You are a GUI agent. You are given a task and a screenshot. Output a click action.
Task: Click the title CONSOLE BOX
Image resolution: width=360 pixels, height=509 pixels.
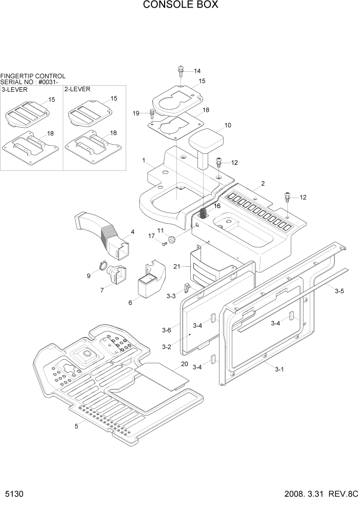coord(180,5)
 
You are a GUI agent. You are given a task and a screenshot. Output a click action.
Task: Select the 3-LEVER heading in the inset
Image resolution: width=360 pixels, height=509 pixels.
coord(15,89)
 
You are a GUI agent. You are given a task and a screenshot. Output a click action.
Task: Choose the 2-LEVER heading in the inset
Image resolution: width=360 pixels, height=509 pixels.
coord(77,89)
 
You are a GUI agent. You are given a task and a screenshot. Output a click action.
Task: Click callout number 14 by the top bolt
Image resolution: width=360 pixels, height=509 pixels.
coord(197,71)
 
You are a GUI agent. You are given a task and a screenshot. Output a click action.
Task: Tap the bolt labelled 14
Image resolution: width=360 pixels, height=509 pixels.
coord(182,70)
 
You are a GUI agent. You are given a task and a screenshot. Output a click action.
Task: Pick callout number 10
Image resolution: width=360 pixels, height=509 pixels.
coord(228,125)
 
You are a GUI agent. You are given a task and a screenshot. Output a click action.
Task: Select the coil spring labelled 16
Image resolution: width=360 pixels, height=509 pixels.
coord(204,211)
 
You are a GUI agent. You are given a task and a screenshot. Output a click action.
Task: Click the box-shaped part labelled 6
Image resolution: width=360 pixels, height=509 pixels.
coord(148,282)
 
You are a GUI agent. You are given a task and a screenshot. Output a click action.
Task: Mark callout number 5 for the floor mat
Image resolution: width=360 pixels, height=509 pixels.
coord(76,426)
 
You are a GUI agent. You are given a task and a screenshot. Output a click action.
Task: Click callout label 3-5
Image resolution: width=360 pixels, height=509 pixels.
coord(339,291)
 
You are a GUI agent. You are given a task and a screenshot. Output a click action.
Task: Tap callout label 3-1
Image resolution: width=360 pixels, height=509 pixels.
coord(279,369)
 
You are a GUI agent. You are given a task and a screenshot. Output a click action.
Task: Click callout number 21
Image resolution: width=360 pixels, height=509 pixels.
coord(176,267)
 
